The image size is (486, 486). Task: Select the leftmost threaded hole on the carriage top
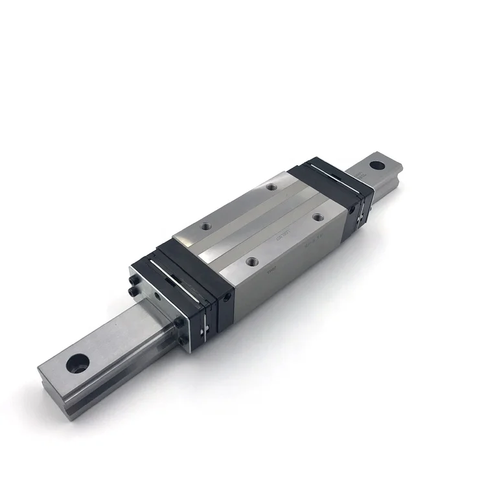[x=205, y=226]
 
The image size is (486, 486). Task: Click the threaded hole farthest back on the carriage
[x=271, y=187]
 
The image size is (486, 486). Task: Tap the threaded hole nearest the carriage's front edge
[x=251, y=261]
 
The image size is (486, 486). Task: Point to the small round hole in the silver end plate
[x=157, y=296]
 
